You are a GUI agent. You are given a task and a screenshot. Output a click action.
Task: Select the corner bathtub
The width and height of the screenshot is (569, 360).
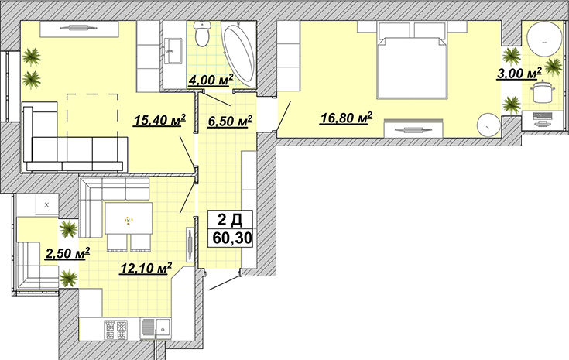pos(239,53)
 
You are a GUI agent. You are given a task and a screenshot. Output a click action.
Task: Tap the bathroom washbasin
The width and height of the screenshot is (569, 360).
pos(174,50)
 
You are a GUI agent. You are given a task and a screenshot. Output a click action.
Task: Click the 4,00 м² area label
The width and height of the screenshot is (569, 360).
pos(211,81)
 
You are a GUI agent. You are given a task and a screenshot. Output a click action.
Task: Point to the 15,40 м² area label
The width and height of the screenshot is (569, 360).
pos(159,120)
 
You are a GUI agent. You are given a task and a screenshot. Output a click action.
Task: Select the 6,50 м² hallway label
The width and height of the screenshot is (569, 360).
pos(230,122)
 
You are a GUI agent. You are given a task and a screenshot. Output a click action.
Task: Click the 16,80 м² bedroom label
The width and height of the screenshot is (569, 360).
pos(346,118)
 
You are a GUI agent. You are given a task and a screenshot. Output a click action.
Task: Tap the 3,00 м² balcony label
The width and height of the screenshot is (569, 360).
pos(519,73)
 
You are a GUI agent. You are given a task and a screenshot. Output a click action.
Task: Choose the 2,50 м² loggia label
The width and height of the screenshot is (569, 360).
pos(67,253)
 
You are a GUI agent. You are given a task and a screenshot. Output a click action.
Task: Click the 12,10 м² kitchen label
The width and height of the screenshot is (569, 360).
pos(146,268)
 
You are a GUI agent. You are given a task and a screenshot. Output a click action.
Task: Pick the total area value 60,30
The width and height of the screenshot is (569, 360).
pos(232,238)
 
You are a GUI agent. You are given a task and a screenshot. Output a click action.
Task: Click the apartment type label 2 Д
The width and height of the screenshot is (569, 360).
pos(230,220)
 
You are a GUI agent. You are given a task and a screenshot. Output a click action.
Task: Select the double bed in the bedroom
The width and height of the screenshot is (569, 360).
pos(411,60)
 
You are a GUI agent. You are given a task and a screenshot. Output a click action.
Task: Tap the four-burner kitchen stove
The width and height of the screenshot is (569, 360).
pos(116,330)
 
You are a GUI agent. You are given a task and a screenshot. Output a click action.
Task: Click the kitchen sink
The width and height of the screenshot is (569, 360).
pos(156,329)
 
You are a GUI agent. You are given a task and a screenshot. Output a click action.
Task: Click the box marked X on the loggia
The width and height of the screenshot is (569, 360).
pos(46,204)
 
